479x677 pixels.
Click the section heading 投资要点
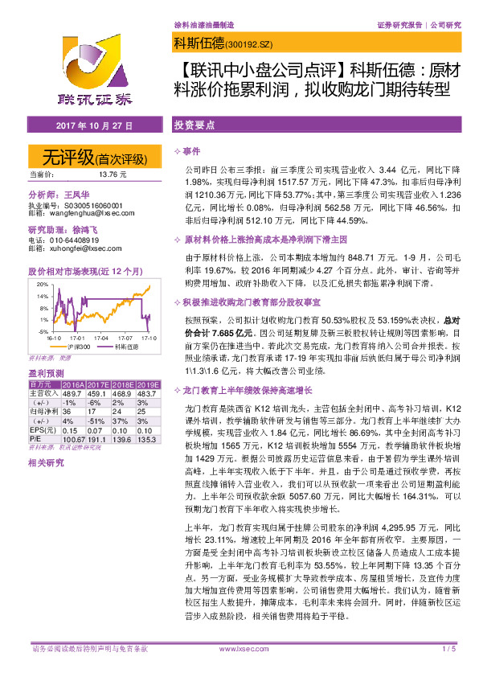tap(194, 127)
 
